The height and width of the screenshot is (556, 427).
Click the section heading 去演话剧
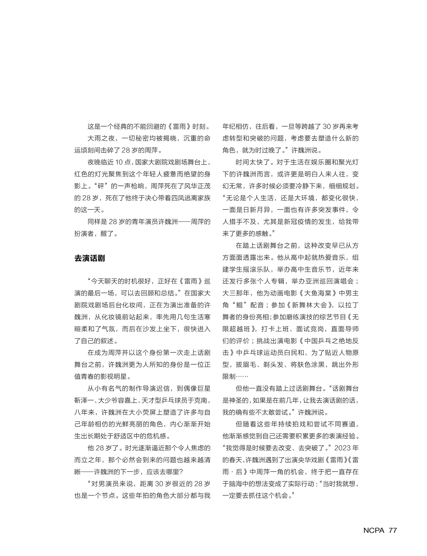(89, 258)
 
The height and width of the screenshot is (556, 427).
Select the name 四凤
(178, 198)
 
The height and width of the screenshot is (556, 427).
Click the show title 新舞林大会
(309, 305)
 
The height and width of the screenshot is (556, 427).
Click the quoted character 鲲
(240, 305)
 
